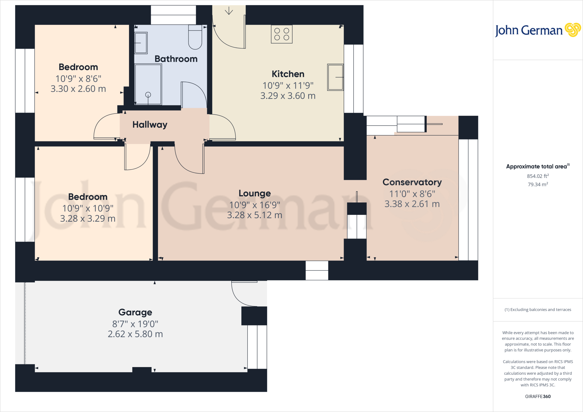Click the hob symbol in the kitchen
tap(282, 34)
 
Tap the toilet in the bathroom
tap(195, 37)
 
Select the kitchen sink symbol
tap(335, 77)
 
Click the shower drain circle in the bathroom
tap(148, 95)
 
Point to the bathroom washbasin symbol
tap(141, 43)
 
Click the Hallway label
tap(150, 125)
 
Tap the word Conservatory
tap(412, 182)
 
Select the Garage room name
tap(135, 312)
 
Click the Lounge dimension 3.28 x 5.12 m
tap(254, 215)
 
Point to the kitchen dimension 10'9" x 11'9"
tap(288, 85)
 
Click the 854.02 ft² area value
tap(537, 176)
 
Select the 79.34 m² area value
tap(537, 184)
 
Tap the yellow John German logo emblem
tap(572, 30)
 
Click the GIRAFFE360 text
tap(537, 396)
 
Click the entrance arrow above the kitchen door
tap(229, 11)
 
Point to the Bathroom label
tap(176, 59)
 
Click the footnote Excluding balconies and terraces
tap(537, 310)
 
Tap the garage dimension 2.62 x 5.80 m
tap(135, 334)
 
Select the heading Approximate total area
tap(536, 167)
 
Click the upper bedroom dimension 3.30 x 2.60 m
tap(78, 89)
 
